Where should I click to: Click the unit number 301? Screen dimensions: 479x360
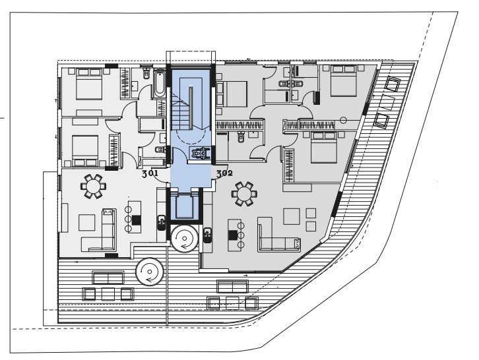tap(150, 174)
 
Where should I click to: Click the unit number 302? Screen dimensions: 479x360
tap(224, 173)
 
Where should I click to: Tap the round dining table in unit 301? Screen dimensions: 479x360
tap(94, 186)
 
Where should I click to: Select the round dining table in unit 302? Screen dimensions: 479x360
tap(244, 193)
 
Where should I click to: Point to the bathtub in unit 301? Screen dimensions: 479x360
tap(159, 84)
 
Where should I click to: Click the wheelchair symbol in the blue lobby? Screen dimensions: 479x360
tap(200, 153)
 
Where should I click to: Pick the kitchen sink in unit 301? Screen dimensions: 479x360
tap(162, 223)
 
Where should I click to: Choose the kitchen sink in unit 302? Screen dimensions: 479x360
tap(207, 235)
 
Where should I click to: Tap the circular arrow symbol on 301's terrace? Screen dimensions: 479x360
tap(150, 271)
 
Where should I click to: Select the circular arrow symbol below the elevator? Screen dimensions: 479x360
tap(184, 238)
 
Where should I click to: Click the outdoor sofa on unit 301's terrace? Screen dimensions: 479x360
tap(108, 278)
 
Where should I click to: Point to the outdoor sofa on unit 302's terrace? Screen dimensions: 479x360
tap(232, 286)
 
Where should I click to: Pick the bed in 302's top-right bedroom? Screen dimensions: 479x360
tap(344, 80)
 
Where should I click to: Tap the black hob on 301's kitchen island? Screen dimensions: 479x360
tap(137, 220)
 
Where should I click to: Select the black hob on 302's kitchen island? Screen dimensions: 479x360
tap(233, 235)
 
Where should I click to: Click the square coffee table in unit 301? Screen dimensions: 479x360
tap(86, 222)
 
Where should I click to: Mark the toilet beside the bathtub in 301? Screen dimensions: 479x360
tap(146, 74)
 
